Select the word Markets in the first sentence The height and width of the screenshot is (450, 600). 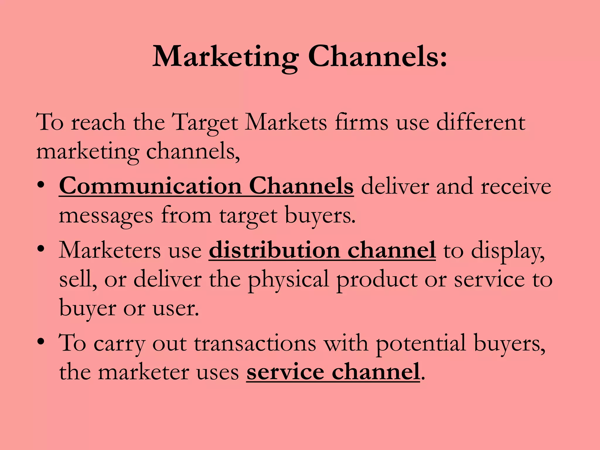point(286,122)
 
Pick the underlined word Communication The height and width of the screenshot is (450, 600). point(150,186)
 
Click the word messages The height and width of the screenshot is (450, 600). point(106,216)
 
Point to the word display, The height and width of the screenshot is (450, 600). point(508,251)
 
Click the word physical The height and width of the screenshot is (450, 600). point(289,280)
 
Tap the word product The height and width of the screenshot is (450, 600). point(376,280)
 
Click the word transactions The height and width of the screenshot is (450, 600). point(255,343)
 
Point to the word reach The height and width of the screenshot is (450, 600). point(98,122)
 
